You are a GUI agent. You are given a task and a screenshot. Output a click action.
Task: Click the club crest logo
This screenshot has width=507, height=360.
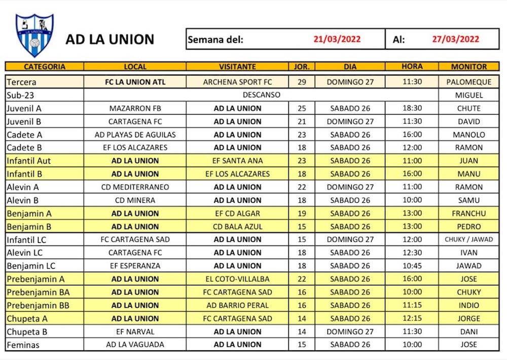[x=34, y=35]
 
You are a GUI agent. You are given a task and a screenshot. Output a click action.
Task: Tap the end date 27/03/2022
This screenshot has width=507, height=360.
[x=455, y=39]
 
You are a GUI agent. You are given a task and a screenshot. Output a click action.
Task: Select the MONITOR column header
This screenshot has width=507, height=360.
[x=468, y=66]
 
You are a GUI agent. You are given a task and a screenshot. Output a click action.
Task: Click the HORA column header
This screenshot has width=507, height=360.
[x=412, y=66]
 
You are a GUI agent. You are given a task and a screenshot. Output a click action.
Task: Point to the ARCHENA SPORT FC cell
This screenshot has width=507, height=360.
[x=237, y=82]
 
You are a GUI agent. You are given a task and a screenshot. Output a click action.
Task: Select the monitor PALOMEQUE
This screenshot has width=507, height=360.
[x=468, y=82]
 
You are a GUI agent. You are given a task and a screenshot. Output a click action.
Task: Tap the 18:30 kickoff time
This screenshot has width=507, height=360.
[x=412, y=108]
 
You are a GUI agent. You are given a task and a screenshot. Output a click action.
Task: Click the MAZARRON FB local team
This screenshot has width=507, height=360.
[x=135, y=108]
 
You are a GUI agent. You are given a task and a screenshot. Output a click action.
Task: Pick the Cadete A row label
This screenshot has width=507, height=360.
[x=24, y=134]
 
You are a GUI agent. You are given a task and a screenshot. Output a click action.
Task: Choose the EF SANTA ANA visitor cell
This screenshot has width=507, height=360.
[x=237, y=161]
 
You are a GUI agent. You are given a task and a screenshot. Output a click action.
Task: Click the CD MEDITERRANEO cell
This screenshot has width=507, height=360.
[x=135, y=187]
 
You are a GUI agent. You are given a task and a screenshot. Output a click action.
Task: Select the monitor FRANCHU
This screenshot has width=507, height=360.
[x=468, y=213]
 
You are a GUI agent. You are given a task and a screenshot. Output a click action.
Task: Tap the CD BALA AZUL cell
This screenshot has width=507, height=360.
[x=237, y=227]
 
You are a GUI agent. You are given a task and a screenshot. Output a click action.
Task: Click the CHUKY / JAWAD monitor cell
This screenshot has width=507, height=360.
[x=468, y=239]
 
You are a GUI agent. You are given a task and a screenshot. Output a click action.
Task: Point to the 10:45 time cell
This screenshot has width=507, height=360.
[x=412, y=266]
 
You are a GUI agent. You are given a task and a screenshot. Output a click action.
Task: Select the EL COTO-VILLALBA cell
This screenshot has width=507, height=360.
[x=237, y=279]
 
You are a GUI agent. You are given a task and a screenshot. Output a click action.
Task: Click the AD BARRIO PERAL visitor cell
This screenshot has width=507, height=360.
[x=237, y=305]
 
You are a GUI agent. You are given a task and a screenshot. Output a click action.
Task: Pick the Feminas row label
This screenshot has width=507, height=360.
[x=23, y=345]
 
